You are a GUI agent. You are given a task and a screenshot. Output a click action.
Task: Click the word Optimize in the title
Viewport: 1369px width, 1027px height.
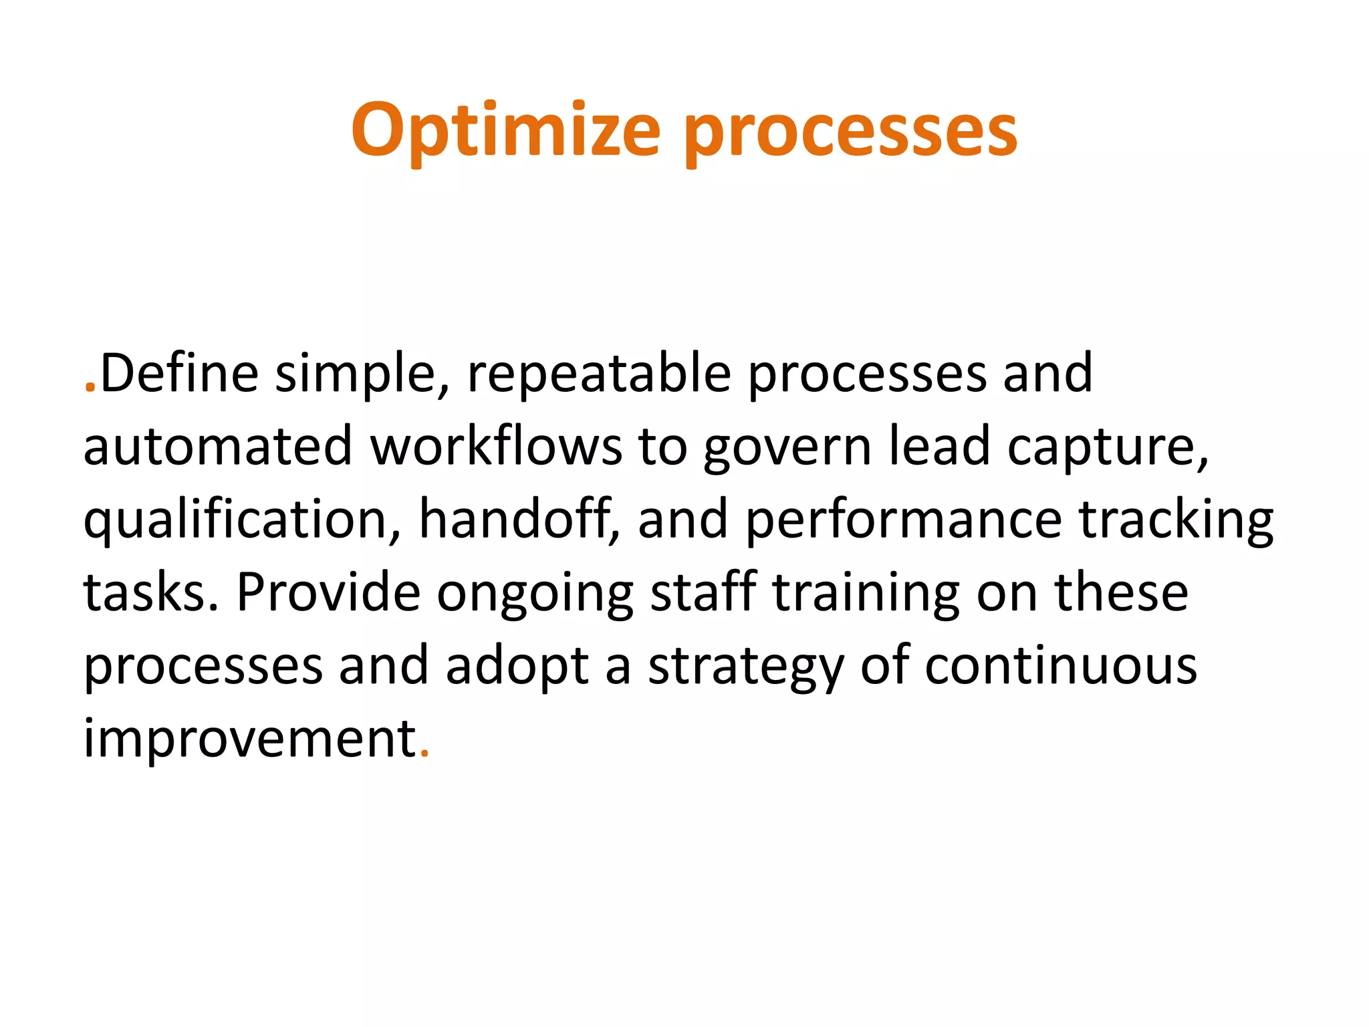(x=505, y=131)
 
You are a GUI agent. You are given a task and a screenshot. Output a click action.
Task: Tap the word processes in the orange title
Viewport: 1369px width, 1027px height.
(x=850, y=132)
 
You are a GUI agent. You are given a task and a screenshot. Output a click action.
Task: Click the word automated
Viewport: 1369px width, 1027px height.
(x=217, y=447)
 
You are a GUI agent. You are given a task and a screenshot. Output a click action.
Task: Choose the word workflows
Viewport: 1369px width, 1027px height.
(x=496, y=447)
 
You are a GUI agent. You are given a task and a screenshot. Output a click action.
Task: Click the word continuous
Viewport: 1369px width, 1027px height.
(x=1060, y=666)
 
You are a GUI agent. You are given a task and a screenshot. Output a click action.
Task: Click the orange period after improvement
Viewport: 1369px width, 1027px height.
(x=424, y=756)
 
